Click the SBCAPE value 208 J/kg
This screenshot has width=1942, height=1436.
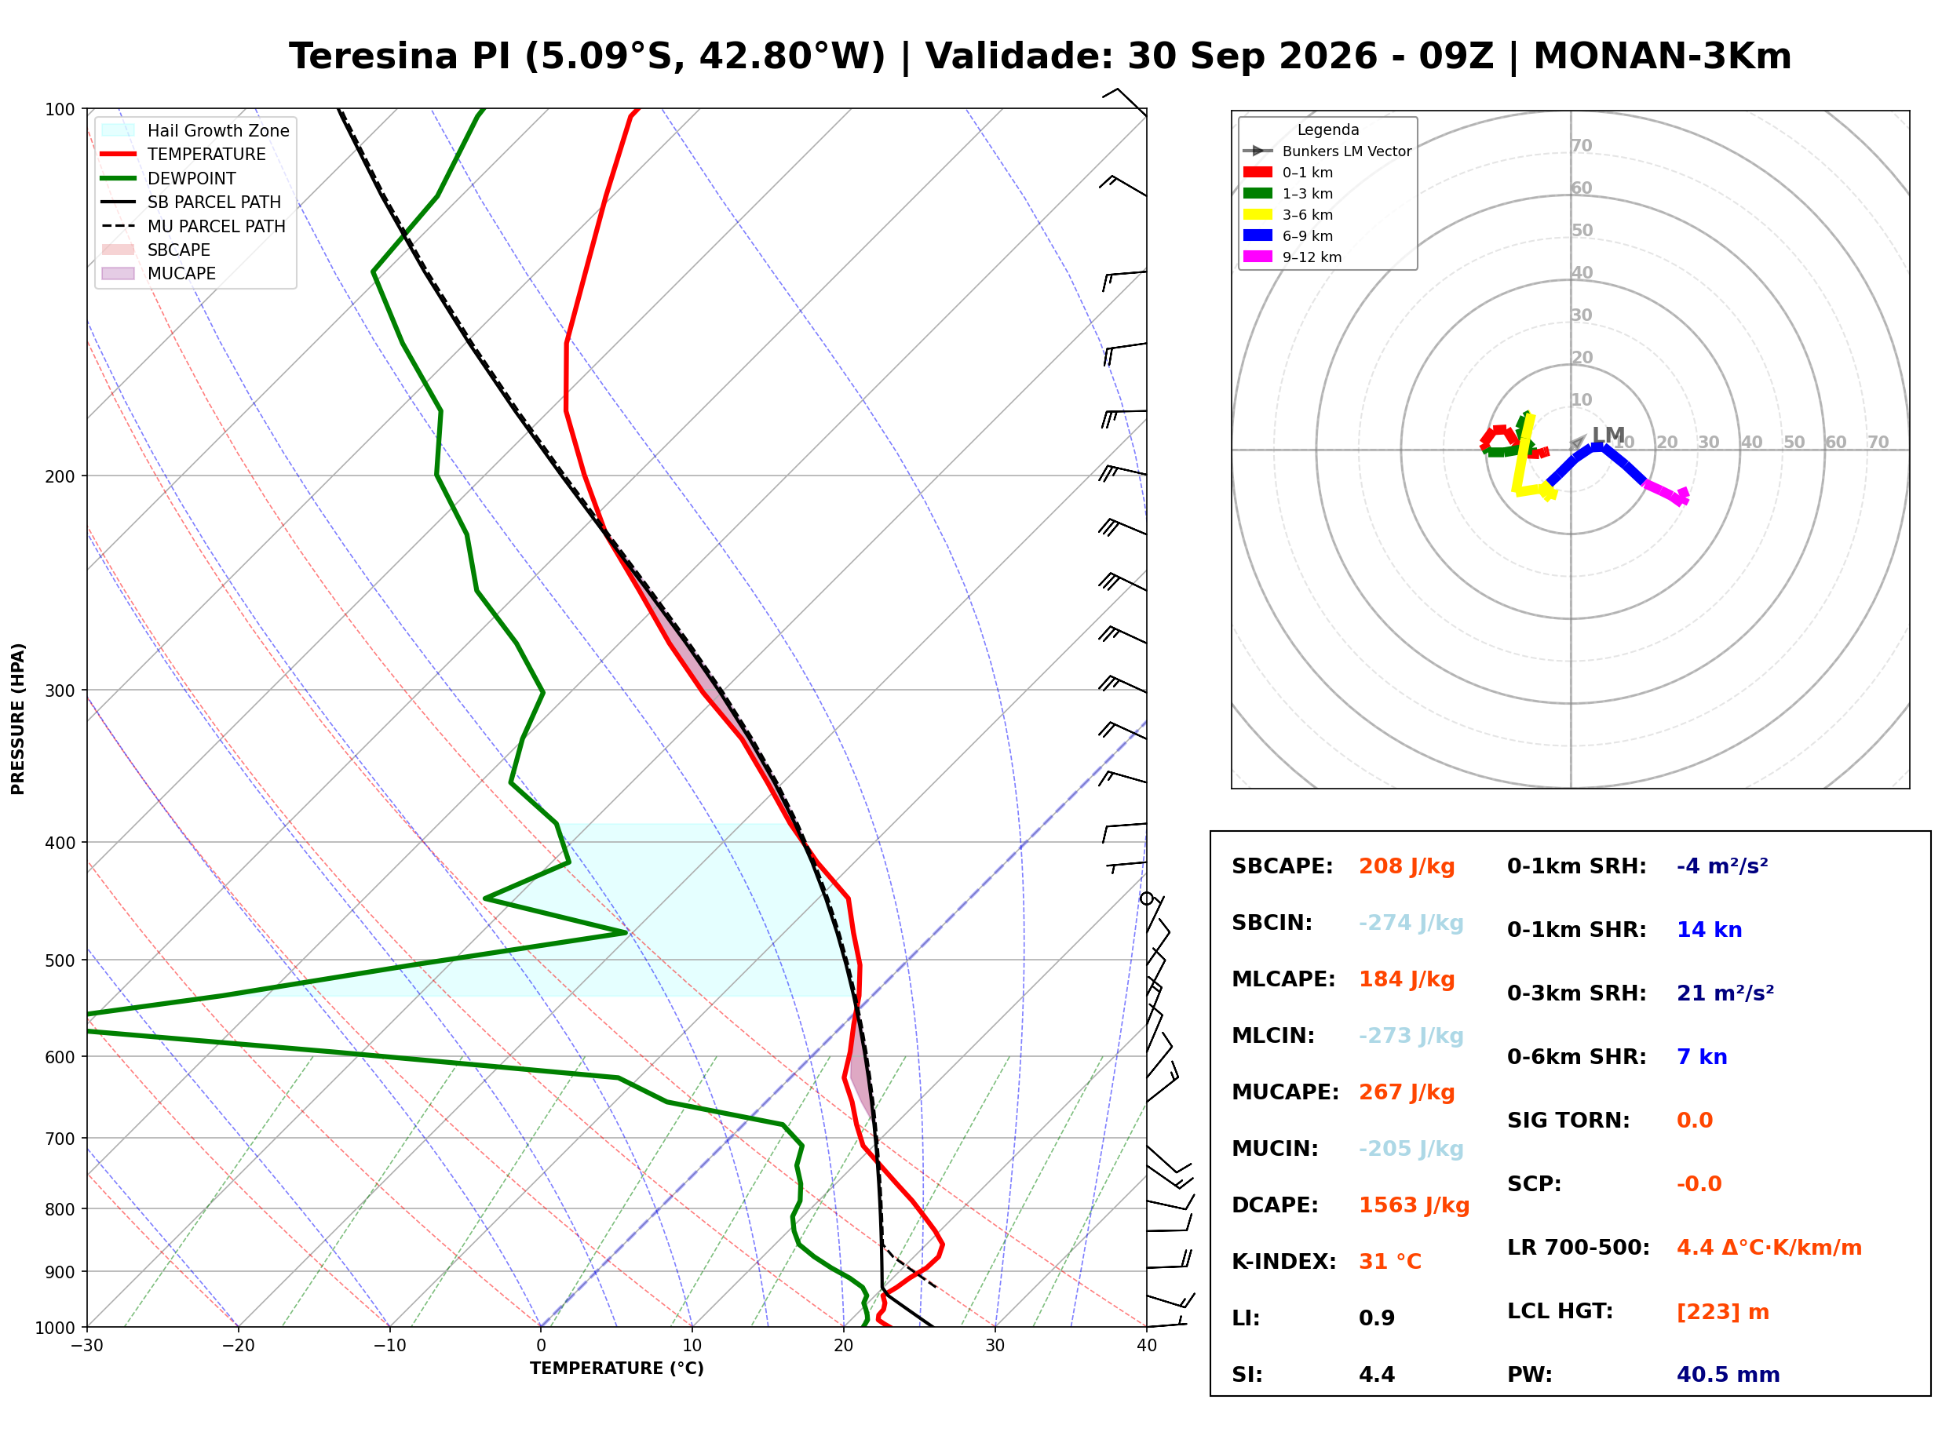[x=1407, y=866]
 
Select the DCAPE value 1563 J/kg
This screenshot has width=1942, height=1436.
[x=1414, y=1205]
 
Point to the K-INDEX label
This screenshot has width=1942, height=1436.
[x=1284, y=1262]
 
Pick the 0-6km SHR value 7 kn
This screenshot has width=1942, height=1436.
[x=1701, y=1057]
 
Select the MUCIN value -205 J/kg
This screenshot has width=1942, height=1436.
[x=1411, y=1149]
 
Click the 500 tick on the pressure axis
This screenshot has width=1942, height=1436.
[x=59, y=960]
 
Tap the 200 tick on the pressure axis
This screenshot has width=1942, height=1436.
[x=59, y=476]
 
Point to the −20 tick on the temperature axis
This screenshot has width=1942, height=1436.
[x=238, y=1346]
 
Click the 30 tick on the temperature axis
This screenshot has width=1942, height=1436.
[x=995, y=1346]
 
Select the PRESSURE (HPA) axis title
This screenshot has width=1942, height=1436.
[x=18, y=719]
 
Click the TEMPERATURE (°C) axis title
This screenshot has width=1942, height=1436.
[x=617, y=1369]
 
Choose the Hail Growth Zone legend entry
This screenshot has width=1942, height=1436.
[x=218, y=130]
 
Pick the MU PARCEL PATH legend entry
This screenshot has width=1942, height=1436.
[x=217, y=226]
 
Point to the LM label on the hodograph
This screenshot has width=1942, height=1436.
[x=1608, y=435]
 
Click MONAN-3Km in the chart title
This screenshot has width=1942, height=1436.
[x=1662, y=56]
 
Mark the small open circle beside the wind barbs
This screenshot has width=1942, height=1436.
[x=1147, y=898]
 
